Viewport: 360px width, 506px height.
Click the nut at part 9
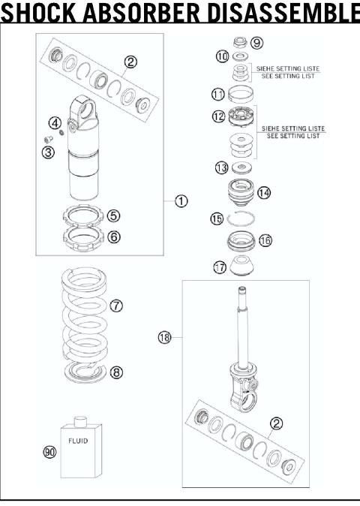[x=241, y=42]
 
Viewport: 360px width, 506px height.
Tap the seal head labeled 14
[x=241, y=192]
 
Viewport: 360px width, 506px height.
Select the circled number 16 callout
[x=265, y=241]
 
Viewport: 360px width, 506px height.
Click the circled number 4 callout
[x=55, y=122]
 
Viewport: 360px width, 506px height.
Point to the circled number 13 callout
[x=221, y=167]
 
